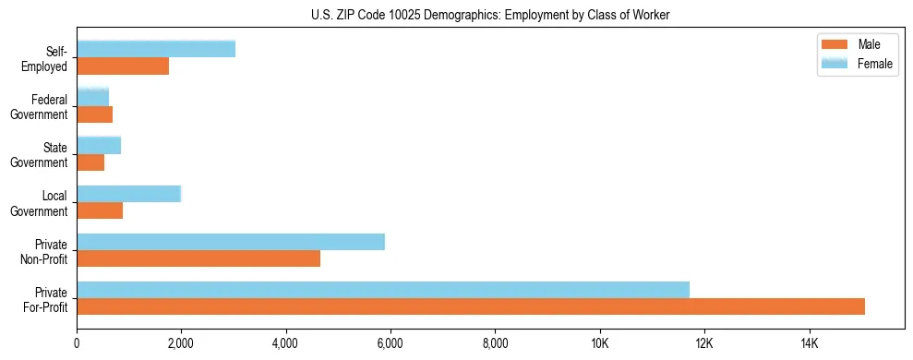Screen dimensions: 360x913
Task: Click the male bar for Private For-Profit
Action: [471, 306]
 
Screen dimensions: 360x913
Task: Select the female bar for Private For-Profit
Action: [383, 290]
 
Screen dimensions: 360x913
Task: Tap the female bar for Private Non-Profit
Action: [231, 242]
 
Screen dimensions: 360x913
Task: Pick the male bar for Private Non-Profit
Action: [198, 258]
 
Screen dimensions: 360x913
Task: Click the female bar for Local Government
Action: [129, 194]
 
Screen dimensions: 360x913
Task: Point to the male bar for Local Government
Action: [100, 210]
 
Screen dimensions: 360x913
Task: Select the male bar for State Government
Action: [90, 162]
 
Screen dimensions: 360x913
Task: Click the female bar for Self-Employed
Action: [156, 49]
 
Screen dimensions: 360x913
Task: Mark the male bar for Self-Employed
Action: [123, 66]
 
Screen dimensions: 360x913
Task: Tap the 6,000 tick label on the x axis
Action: [390, 343]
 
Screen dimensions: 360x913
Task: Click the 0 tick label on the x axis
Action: [77, 343]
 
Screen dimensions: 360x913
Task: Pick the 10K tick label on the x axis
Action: [600, 343]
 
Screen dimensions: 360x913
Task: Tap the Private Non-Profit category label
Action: [45, 251]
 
